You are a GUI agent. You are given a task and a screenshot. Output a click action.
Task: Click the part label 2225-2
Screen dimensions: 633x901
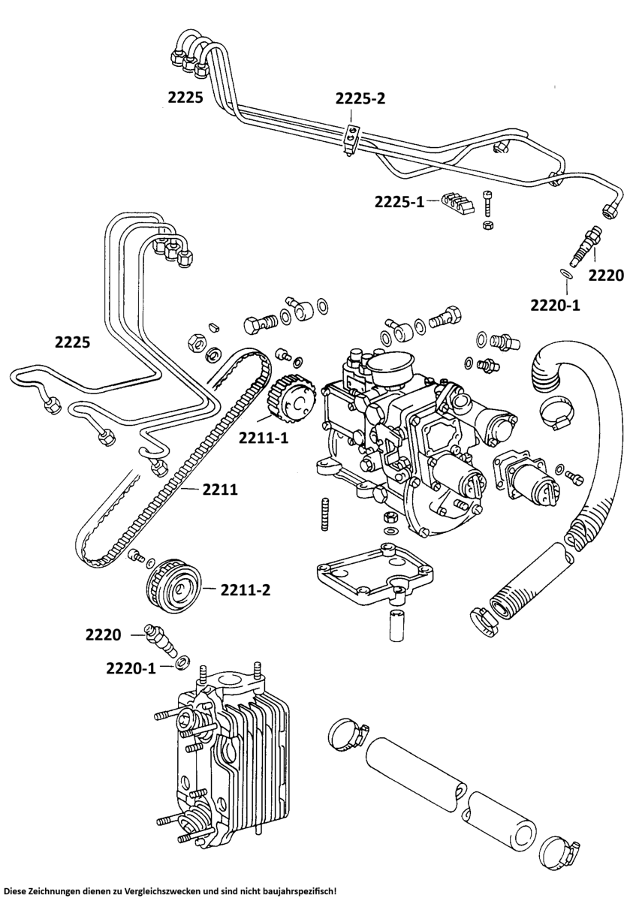[x=360, y=98]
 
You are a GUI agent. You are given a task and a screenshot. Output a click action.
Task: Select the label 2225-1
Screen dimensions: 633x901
[x=399, y=202]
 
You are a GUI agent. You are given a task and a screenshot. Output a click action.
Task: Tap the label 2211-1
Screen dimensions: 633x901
[x=264, y=438]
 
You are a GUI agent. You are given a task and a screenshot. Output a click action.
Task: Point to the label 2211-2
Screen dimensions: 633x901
[x=246, y=590]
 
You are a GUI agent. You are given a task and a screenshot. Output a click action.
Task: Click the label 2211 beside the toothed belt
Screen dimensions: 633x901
[x=220, y=490]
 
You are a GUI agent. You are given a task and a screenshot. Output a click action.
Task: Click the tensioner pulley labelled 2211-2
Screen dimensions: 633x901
[x=175, y=589]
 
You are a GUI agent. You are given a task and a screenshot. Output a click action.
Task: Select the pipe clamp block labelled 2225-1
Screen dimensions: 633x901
[x=458, y=203]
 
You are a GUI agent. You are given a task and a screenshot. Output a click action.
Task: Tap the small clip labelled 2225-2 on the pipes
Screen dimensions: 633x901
[x=352, y=139]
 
